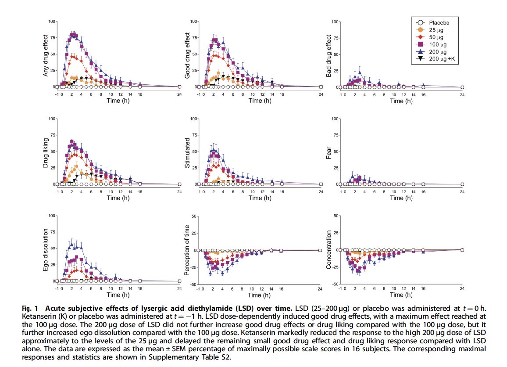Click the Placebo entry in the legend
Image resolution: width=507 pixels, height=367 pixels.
point(439,22)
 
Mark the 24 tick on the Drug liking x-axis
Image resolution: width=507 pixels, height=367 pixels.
point(179,191)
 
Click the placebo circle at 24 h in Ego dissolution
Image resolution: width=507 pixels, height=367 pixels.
point(179,281)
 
